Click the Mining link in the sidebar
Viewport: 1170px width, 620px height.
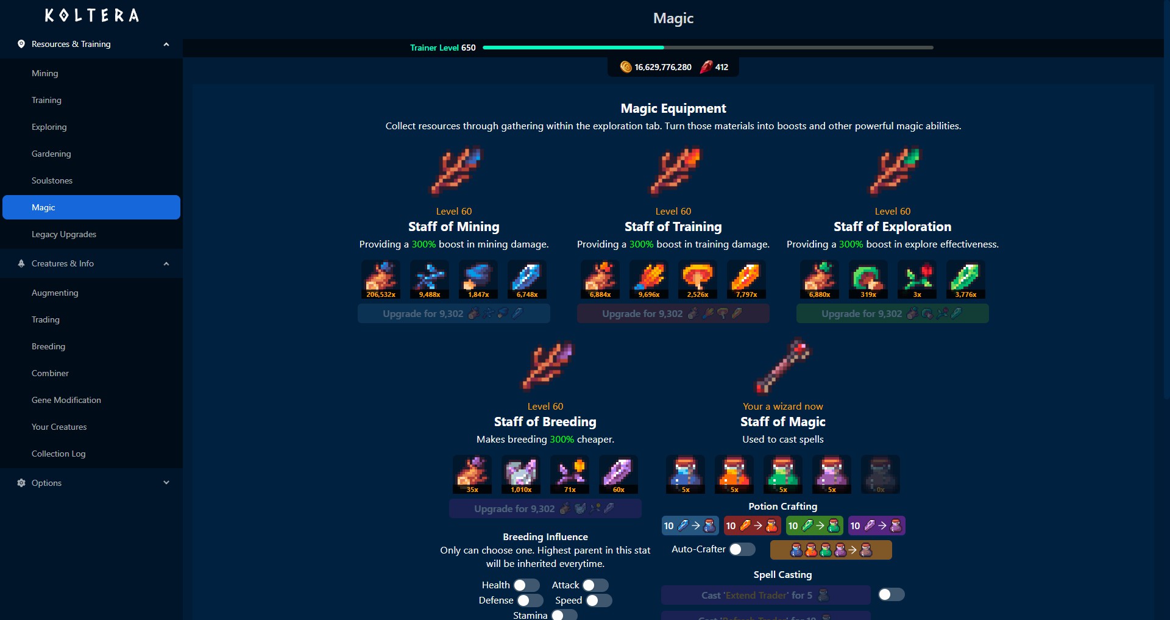click(45, 73)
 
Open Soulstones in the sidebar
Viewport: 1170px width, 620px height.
click(52, 180)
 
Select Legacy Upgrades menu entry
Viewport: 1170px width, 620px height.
click(64, 234)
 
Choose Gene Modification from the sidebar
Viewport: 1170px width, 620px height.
click(66, 400)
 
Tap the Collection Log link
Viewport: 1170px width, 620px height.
click(58, 454)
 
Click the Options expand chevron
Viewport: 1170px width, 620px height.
click(166, 483)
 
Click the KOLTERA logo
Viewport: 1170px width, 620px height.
click(91, 16)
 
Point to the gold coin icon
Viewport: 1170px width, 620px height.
click(625, 67)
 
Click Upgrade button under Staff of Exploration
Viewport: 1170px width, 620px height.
click(892, 313)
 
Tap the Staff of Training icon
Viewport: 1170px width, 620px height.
click(673, 171)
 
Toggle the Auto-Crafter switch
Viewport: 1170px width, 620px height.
click(742, 549)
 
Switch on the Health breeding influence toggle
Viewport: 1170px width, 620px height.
click(526, 585)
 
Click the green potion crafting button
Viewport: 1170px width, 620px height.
click(814, 526)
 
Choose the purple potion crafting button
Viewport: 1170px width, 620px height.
click(876, 526)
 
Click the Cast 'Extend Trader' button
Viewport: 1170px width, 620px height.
click(765, 595)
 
